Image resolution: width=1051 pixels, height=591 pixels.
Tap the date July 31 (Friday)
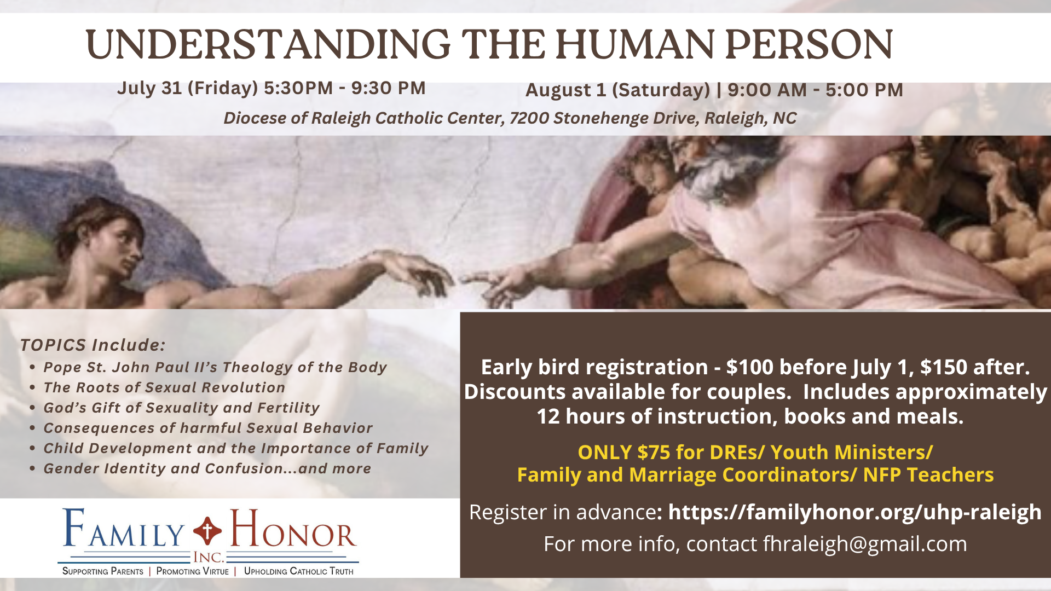pyautogui.click(x=187, y=88)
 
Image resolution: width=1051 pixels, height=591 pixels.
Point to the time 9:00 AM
pyautogui.click(x=767, y=90)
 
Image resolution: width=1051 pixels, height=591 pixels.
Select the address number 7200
pyautogui.click(x=529, y=118)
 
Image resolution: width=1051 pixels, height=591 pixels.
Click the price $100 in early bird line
pyautogui.click(x=749, y=367)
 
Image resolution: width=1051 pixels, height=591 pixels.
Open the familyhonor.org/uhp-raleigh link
pyautogui.click(x=854, y=512)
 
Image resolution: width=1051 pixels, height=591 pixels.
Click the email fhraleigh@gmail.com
pyautogui.click(x=865, y=544)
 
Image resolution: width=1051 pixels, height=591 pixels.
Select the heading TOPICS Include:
pyautogui.click(x=93, y=345)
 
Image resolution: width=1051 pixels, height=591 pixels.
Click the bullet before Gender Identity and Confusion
pyautogui.click(x=33, y=469)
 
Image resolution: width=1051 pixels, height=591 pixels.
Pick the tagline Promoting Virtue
pyautogui.click(x=192, y=571)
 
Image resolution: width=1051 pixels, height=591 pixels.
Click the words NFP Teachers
pyautogui.click(x=928, y=475)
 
